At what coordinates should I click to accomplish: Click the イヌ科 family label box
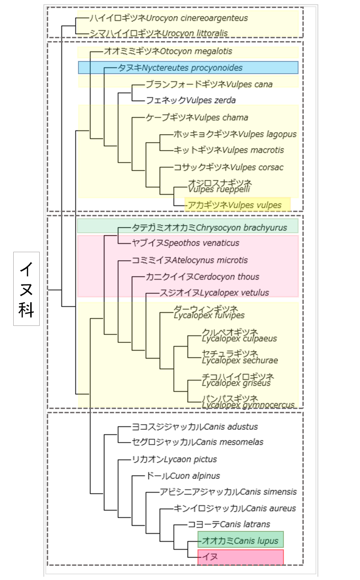coord(26,289)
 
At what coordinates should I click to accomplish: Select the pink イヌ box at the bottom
coord(240,557)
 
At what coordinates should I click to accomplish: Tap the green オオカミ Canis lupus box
coord(240,540)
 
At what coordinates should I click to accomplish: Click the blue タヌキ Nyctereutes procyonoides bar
coord(188,68)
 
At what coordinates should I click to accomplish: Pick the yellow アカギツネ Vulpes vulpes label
coord(237,205)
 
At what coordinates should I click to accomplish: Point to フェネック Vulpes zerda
coord(191,100)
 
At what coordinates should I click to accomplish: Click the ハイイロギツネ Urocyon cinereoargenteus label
coord(169,18)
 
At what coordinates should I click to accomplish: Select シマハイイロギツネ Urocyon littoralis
coord(159,33)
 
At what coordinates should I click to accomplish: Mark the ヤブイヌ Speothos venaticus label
coord(186,243)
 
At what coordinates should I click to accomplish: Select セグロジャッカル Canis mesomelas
coord(197,442)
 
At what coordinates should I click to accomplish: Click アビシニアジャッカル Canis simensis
coord(229,492)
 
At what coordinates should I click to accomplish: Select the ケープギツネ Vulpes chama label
coord(197,117)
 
